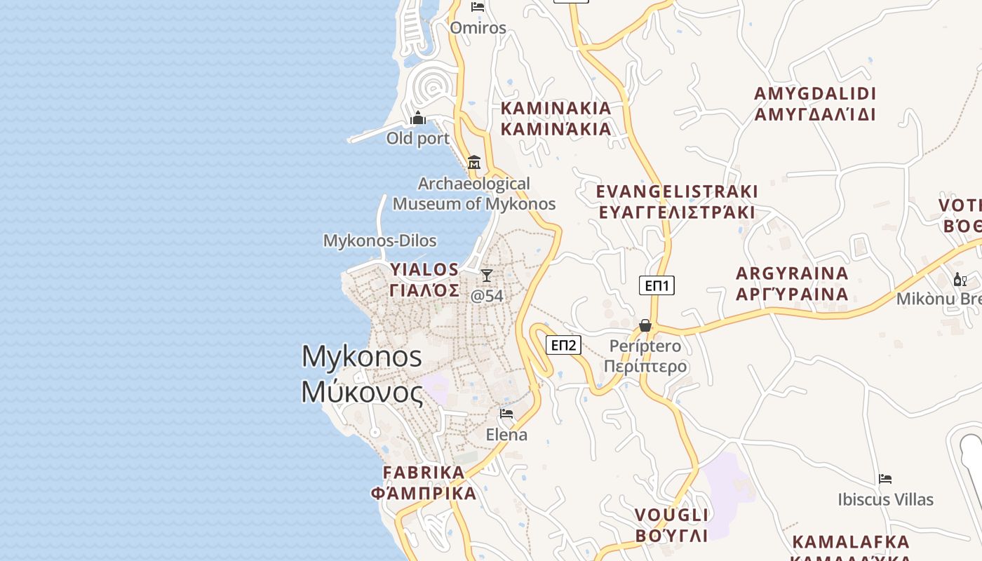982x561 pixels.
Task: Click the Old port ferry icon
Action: (x=418, y=118)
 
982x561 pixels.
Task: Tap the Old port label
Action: (x=418, y=138)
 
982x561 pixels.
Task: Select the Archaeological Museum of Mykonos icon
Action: (x=474, y=162)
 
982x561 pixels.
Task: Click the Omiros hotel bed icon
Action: (x=478, y=7)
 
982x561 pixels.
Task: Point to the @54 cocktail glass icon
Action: (x=487, y=275)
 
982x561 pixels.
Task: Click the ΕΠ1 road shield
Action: (x=657, y=285)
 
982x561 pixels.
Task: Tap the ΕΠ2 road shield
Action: (x=563, y=344)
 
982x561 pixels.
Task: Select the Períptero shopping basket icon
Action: (x=645, y=325)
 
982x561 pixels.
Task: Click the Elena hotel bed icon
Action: (x=506, y=413)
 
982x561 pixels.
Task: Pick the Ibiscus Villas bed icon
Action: (x=885, y=479)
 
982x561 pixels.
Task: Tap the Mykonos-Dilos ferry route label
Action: (x=379, y=241)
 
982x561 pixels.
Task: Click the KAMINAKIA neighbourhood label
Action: (x=556, y=119)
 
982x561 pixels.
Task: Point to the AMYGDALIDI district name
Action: (x=815, y=104)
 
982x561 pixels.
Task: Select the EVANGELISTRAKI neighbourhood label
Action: (x=677, y=202)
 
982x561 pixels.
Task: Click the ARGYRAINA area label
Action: (x=792, y=283)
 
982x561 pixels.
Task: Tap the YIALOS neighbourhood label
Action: (x=424, y=279)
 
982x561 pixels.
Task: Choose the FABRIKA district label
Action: (x=424, y=482)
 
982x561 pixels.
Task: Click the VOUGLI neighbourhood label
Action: (x=671, y=525)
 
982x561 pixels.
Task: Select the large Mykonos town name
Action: (x=362, y=374)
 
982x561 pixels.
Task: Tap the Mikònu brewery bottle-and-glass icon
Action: (x=960, y=279)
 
